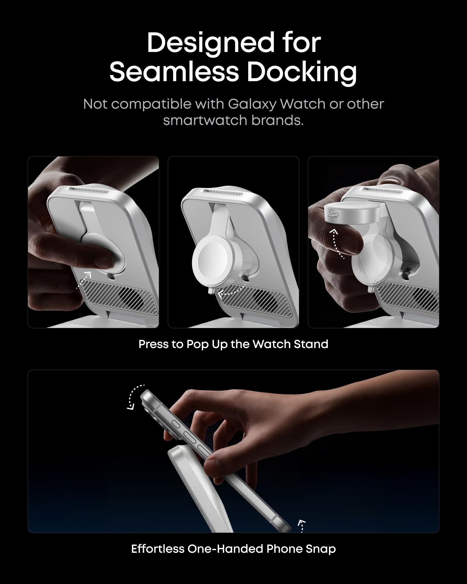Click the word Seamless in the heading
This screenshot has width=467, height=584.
tap(174, 72)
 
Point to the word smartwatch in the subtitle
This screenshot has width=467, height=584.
tap(204, 120)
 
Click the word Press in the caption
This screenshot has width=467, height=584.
tap(153, 344)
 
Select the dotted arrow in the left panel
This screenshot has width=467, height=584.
tap(84, 280)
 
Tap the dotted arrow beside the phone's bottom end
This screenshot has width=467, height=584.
tap(302, 526)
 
